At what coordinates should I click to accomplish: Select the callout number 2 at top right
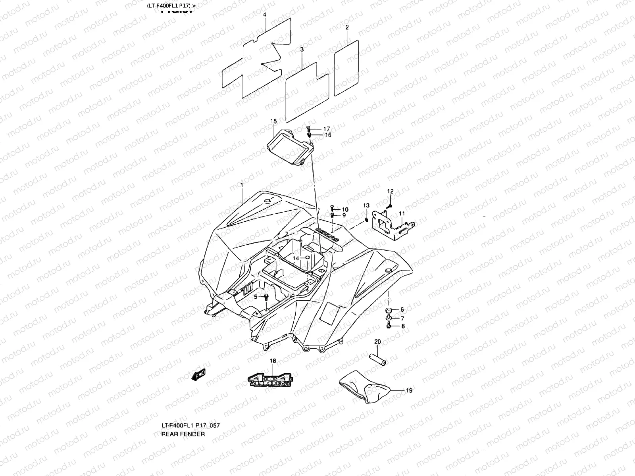pyautogui.click(x=347, y=27)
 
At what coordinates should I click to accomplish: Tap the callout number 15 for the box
pyautogui.click(x=273, y=121)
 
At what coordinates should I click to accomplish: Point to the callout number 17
pyautogui.click(x=326, y=129)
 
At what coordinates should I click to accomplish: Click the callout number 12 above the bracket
pyautogui.click(x=390, y=191)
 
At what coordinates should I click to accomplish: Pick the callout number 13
pyautogui.click(x=366, y=205)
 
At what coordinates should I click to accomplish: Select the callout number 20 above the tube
pyautogui.click(x=377, y=342)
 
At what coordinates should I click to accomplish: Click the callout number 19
pyautogui.click(x=409, y=390)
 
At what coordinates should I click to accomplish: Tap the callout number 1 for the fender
pyautogui.click(x=241, y=185)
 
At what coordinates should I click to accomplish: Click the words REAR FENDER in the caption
pyautogui.click(x=183, y=434)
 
